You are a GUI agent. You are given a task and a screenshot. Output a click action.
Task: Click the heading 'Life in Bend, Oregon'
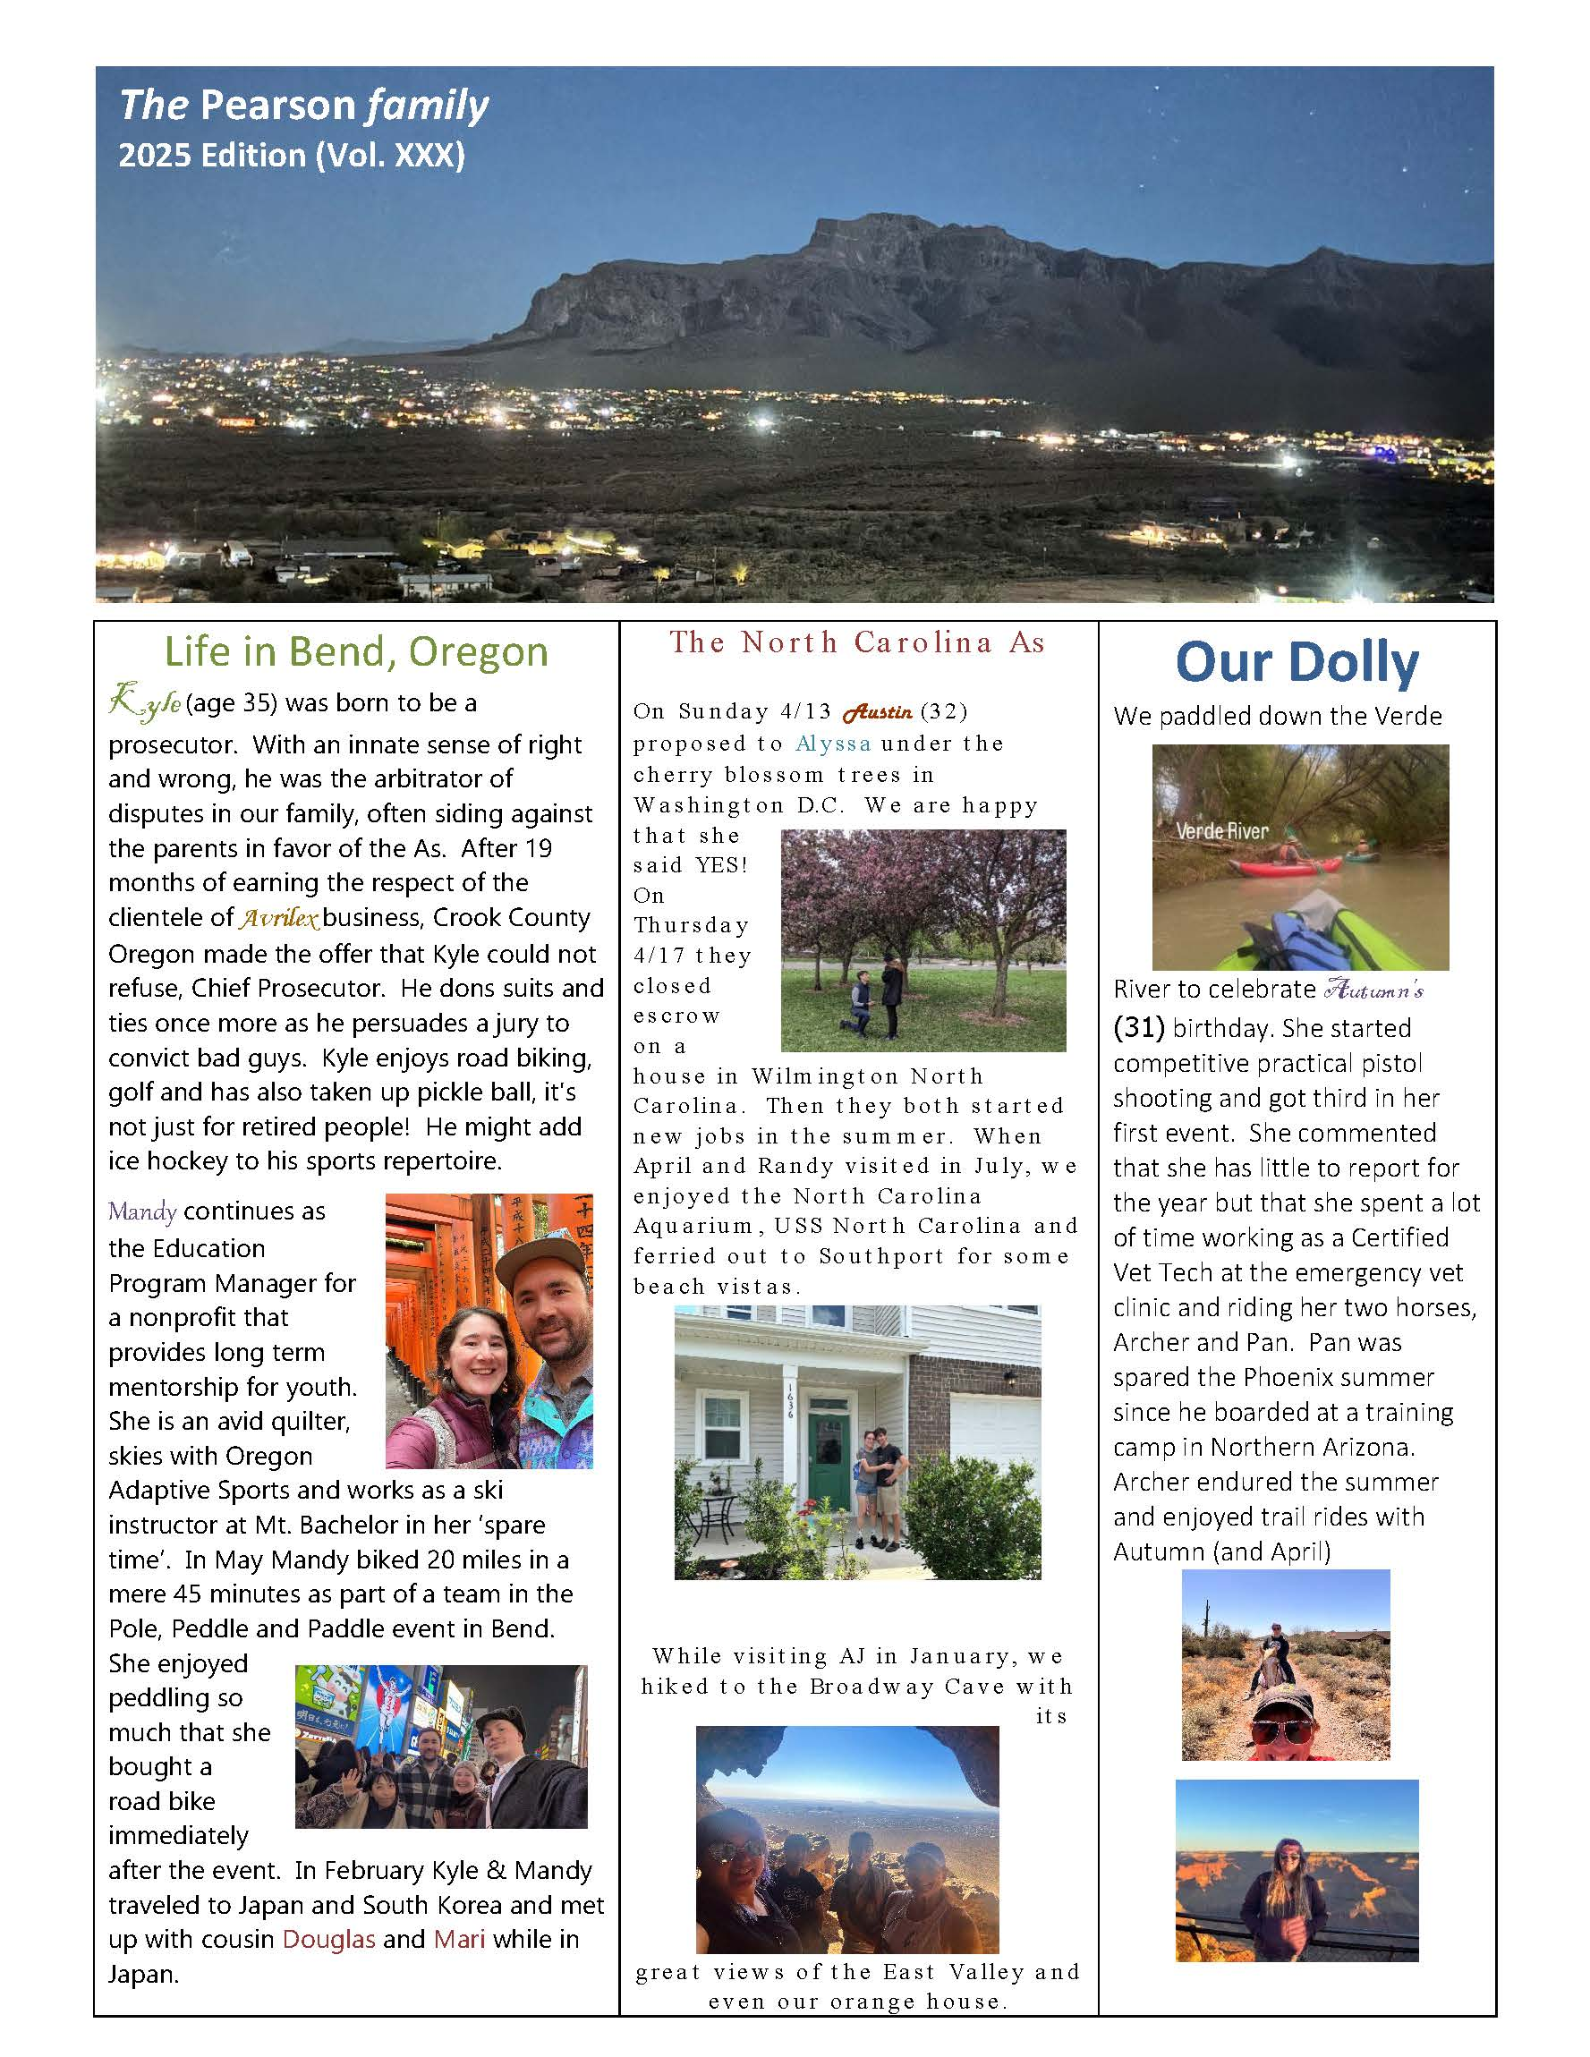(356, 651)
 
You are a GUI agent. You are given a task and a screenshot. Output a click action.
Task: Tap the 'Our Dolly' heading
(1297, 662)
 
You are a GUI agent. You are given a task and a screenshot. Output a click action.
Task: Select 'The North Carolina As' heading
(857, 642)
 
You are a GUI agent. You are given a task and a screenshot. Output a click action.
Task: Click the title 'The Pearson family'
(303, 106)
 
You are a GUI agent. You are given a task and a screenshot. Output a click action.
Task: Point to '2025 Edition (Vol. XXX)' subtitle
(292, 156)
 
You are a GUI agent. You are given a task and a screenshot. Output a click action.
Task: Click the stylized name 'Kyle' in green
(145, 702)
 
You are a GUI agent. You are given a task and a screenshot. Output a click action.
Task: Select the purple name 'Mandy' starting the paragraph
(142, 1211)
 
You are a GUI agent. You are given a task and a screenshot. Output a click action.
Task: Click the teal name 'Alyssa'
(833, 744)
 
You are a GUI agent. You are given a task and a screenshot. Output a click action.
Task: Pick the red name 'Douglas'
(328, 1939)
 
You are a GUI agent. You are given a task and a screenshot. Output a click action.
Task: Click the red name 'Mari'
(460, 1939)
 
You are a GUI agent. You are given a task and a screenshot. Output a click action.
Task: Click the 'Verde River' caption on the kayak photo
(1221, 830)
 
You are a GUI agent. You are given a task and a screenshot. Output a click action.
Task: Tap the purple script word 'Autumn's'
(1373, 990)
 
